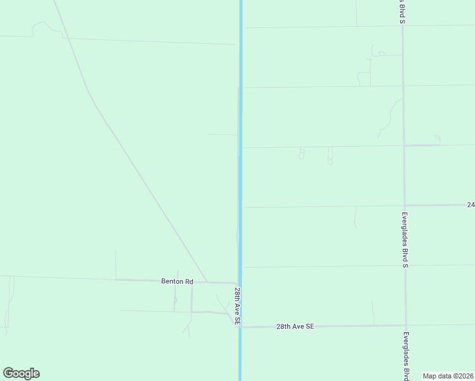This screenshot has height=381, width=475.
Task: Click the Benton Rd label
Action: [177, 281]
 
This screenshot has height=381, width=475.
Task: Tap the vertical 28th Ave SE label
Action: [236, 306]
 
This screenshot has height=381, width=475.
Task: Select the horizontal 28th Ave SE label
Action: [295, 326]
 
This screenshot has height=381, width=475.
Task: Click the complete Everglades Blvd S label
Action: [404, 239]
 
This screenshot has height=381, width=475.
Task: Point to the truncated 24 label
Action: [471, 204]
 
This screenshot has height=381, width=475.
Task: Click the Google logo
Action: [21, 373]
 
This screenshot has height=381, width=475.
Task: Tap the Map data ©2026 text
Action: [448, 376]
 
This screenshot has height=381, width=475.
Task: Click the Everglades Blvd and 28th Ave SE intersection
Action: [406, 326]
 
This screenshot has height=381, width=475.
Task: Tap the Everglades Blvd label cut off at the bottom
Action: [406, 356]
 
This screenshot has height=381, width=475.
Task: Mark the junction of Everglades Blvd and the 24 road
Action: [405, 205]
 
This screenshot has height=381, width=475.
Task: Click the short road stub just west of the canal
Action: [222, 135]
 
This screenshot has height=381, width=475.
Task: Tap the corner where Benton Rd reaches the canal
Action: [237, 283]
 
